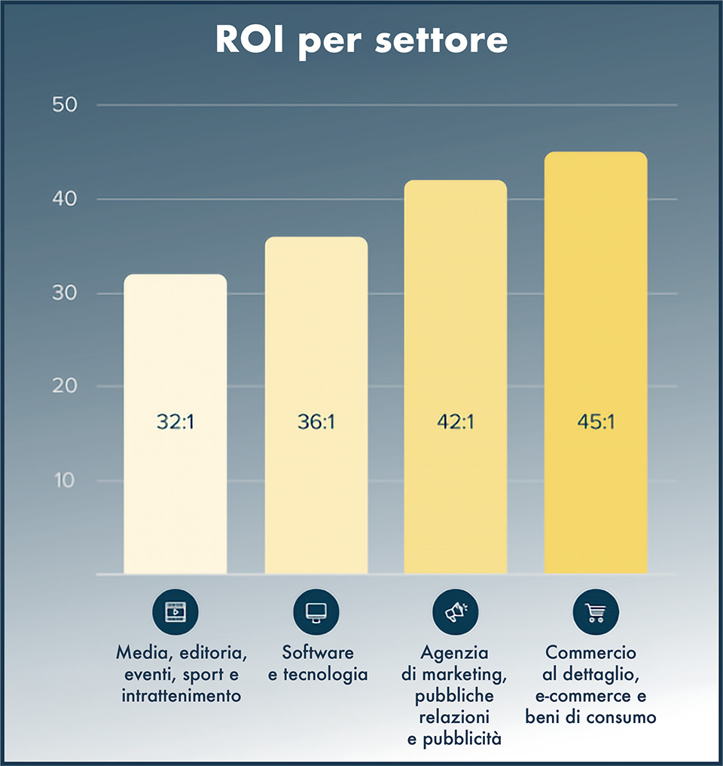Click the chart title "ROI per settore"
[x=361, y=41]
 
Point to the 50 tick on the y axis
[x=66, y=105]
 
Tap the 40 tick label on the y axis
[x=66, y=199]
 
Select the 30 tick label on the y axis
[x=66, y=293]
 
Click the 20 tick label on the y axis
[x=66, y=387]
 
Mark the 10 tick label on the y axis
[x=66, y=480]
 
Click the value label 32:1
[x=175, y=422]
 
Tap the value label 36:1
[x=316, y=422]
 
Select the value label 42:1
[x=455, y=422]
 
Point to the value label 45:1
[x=596, y=422]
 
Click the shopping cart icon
[x=596, y=611]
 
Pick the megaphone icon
[x=455, y=611]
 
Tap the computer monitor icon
[x=316, y=611]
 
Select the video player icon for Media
[x=175, y=611]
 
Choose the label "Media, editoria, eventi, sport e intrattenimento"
[x=182, y=673]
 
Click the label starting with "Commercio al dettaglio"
[x=594, y=685]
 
